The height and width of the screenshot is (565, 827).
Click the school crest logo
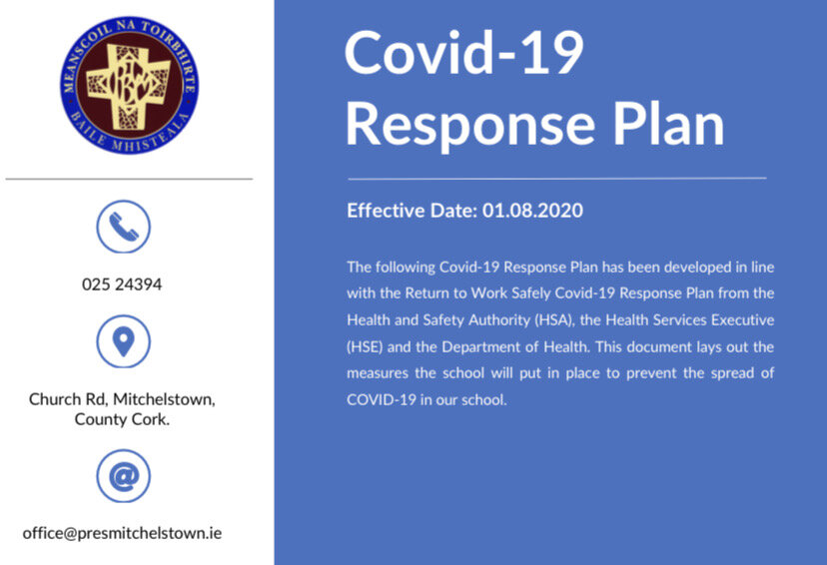[128, 83]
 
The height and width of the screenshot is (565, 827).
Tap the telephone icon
[123, 227]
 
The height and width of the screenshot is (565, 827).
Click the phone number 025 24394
[122, 284]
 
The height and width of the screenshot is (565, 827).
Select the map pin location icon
[123, 341]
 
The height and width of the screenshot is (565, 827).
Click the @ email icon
[123, 476]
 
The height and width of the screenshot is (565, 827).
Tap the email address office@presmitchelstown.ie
[122, 533]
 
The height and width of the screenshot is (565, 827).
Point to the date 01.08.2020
[532, 212]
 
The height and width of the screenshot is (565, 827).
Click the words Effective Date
[411, 212]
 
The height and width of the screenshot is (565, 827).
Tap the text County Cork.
[122, 419]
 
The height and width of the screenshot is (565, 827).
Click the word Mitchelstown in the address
[164, 399]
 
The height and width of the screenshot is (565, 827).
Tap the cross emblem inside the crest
[126, 83]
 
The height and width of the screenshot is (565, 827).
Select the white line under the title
[556, 178]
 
